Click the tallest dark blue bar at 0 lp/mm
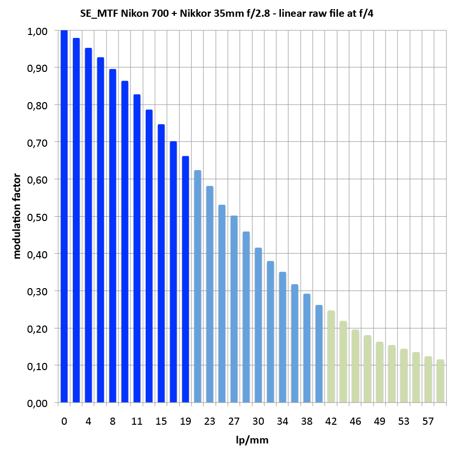tap(64, 216)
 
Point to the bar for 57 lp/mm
tap(428, 379)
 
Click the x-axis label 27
tap(233, 421)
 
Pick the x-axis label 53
tap(404, 421)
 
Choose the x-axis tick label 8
tap(113, 421)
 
